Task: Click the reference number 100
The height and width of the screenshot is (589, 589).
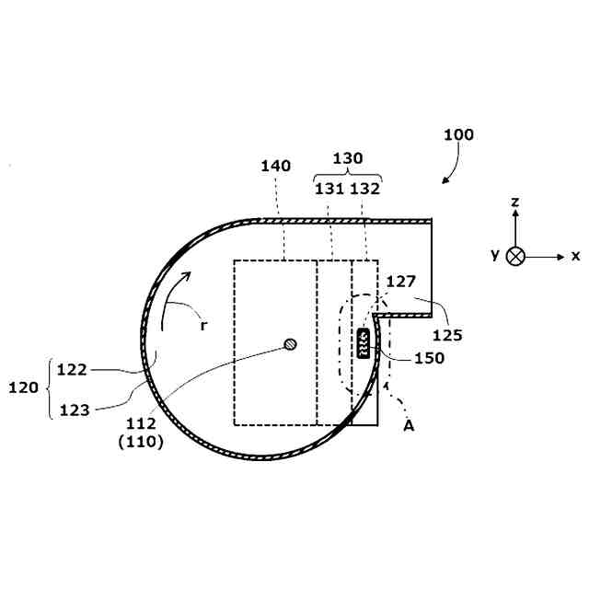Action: coord(458,135)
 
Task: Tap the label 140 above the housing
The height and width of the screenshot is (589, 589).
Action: coord(276,166)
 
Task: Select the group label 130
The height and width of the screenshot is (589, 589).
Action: coord(348,158)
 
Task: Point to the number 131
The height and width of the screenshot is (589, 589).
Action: coord(329,189)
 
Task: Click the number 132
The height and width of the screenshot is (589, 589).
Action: coord(364,189)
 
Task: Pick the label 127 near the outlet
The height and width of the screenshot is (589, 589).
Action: coord(401,282)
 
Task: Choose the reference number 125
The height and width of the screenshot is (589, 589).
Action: coord(447,335)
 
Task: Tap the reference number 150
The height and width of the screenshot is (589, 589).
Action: coord(430,358)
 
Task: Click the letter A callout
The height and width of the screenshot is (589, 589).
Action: coord(409,426)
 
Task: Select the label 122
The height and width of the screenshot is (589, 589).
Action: coord(72,370)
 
